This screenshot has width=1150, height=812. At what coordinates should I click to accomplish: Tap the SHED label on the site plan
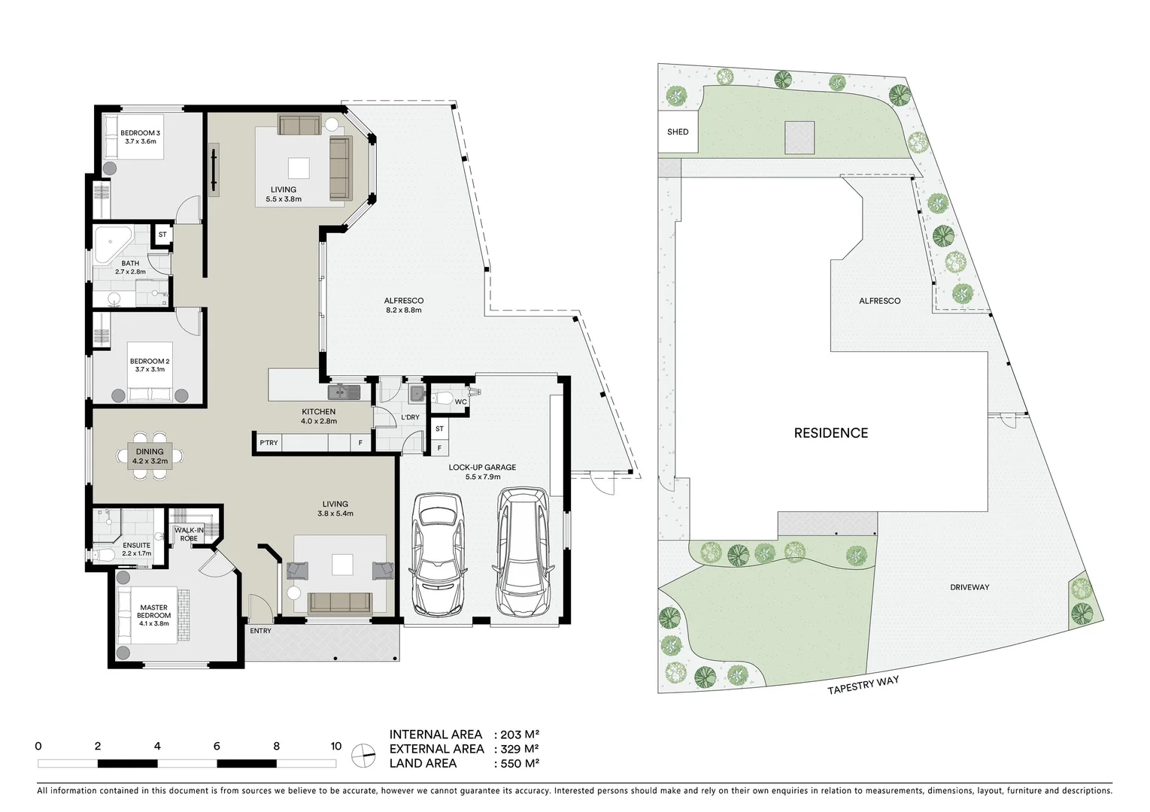677,132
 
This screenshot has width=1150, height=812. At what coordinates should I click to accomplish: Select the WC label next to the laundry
460,402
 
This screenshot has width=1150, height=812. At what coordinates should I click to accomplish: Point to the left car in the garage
438,553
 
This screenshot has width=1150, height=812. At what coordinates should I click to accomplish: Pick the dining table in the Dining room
149,456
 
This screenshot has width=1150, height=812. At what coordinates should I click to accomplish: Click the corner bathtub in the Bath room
111,241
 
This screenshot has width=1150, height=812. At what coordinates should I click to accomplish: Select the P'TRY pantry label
269,443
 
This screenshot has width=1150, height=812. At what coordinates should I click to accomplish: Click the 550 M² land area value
520,763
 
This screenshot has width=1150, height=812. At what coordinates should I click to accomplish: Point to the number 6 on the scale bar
217,747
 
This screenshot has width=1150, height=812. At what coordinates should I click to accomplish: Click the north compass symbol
364,756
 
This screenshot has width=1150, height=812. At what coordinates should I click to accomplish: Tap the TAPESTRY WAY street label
863,685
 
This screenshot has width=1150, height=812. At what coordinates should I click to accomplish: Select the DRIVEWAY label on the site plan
969,587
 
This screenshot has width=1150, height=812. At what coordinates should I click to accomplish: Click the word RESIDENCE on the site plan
830,433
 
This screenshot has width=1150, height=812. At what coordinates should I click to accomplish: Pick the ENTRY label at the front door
260,631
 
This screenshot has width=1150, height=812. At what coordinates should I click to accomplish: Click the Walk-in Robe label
189,534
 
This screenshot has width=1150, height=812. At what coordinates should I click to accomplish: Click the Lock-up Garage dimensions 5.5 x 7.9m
482,477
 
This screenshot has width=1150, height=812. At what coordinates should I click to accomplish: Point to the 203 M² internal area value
520,735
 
